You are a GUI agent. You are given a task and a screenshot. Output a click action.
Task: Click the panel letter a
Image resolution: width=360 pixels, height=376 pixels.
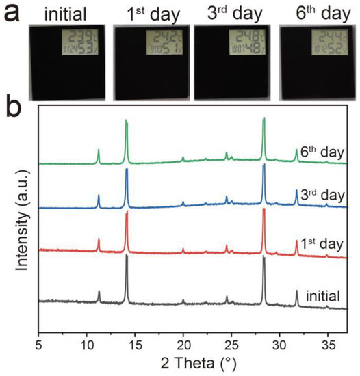click(12, 13)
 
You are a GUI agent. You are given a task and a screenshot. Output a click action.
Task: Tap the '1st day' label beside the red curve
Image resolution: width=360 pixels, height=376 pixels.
click(321, 244)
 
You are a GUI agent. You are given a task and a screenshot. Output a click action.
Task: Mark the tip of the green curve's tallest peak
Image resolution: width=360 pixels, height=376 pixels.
click(263, 118)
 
